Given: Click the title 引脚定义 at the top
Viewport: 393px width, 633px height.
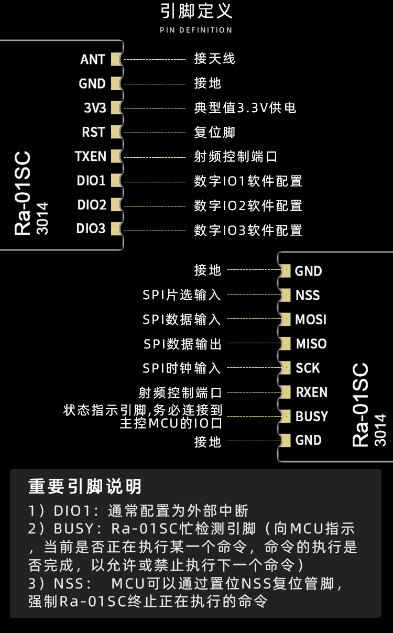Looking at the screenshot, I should (196, 12).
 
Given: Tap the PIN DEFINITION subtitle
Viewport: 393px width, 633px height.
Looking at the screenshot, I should (196, 30).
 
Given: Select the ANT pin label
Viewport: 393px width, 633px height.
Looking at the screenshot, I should (93, 59).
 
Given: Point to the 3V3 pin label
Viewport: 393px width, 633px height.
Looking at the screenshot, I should (95, 108).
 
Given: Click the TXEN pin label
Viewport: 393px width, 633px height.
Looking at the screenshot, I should (91, 156).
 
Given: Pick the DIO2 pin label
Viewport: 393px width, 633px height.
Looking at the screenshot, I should (92, 205).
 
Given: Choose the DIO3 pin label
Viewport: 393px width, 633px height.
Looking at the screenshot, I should (91, 229).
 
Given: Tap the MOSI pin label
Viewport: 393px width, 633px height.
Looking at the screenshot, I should (311, 320).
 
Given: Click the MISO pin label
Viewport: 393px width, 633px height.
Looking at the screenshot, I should (311, 344).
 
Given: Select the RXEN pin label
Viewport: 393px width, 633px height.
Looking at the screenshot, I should (311, 392).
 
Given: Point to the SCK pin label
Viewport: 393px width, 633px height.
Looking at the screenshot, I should (308, 368).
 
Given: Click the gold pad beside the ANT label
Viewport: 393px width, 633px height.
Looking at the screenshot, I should (116, 59).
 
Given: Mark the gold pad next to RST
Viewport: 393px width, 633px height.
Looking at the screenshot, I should (116, 132).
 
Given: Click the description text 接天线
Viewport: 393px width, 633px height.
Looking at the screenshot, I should (214, 59).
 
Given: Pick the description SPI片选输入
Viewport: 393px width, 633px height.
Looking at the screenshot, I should (182, 295).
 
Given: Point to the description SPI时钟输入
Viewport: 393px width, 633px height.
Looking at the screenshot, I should (182, 368).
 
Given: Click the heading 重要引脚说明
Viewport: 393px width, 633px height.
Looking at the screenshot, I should (85, 487).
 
